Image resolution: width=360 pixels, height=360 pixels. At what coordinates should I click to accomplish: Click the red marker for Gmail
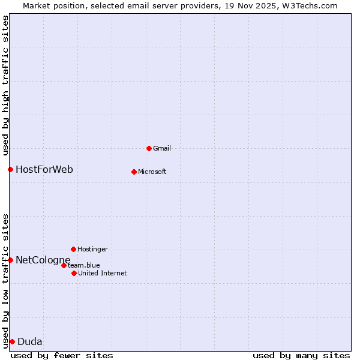(149, 148)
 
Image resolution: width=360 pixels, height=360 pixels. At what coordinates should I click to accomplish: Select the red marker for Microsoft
(134, 172)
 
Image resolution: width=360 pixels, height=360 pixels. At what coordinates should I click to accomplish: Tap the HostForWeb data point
(10, 169)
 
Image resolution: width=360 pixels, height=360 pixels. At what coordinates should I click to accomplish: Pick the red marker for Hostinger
(73, 249)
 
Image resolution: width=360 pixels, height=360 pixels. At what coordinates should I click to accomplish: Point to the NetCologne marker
(10, 260)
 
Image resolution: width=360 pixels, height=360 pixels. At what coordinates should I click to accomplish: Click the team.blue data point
(64, 265)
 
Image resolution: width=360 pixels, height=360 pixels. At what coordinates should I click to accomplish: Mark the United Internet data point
(74, 273)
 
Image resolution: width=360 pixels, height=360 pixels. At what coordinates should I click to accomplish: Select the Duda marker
(12, 341)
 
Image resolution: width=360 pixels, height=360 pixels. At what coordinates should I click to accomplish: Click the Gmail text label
(162, 148)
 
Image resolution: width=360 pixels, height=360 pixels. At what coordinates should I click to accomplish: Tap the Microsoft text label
(152, 172)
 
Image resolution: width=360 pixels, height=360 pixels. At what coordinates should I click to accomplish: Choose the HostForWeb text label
(44, 169)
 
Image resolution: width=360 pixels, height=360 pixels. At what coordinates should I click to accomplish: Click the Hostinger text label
(92, 249)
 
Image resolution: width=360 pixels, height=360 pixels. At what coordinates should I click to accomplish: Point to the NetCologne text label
(43, 260)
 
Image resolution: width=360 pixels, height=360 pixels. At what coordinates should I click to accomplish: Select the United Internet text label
(103, 273)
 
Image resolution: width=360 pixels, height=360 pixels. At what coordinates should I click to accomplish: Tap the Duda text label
(30, 341)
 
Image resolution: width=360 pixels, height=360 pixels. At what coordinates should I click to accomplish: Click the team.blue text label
(84, 265)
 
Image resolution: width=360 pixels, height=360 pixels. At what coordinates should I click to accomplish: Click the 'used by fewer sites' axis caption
(62, 355)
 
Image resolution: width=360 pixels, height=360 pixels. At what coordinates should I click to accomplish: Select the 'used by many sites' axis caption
(301, 355)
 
